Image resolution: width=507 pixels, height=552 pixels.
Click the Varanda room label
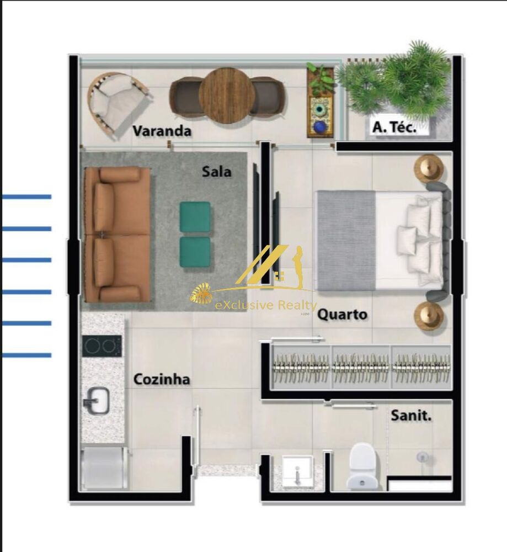pyautogui.click(x=162, y=131)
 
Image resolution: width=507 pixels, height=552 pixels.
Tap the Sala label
pyautogui.click(x=216, y=172)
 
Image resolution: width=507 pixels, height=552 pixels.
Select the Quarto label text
pyautogui.click(x=342, y=315)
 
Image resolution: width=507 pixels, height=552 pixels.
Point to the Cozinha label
pyautogui.click(x=162, y=379)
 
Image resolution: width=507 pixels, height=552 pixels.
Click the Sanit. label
pyautogui.click(x=411, y=415)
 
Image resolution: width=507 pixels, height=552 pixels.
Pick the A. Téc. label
pyautogui.click(x=394, y=128)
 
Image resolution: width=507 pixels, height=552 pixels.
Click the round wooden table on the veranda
pyautogui.click(x=227, y=95)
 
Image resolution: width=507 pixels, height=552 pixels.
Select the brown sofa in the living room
pyautogui.click(x=117, y=234)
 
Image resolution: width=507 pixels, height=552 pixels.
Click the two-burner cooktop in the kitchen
pyautogui.click(x=102, y=346)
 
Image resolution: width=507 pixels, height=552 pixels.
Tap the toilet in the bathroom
pyautogui.click(x=364, y=466)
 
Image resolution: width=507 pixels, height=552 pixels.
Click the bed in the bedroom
pyautogui.click(x=381, y=240)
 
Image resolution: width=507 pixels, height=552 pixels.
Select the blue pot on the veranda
pyautogui.click(x=320, y=127)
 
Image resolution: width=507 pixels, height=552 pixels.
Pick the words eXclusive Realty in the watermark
pyautogui.click(x=266, y=306)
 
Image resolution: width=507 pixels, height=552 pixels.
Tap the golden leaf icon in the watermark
pyautogui.click(x=201, y=294)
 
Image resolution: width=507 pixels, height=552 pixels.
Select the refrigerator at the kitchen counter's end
pyautogui.click(x=104, y=467)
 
